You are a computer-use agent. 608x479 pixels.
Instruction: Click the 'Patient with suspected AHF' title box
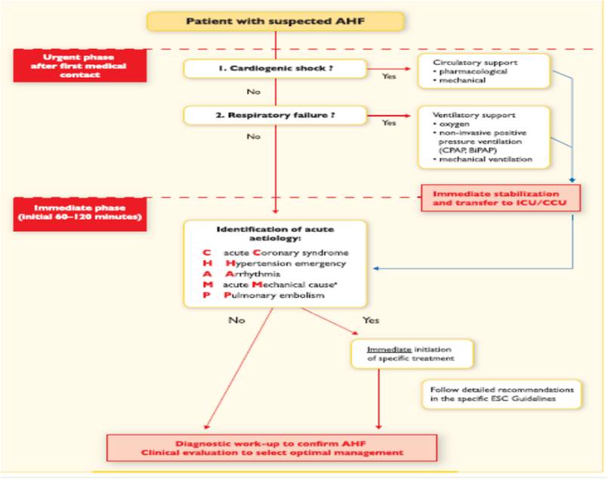[x=276, y=21]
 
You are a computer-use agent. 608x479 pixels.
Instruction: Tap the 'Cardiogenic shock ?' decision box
[x=276, y=68]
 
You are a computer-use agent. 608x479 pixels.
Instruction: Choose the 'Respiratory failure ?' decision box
[x=276, y=116]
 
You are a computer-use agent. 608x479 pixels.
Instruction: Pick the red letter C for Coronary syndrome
[x=205, y=252]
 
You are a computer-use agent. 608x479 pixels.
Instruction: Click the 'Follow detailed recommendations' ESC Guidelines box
[x=502, y=393]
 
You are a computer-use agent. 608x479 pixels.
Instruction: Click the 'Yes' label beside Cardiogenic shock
[x=389, y=76]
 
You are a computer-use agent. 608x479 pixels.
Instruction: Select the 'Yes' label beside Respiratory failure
[x=389, y=122]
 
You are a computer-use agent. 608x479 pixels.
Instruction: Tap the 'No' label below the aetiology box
[x=236, y=320]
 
